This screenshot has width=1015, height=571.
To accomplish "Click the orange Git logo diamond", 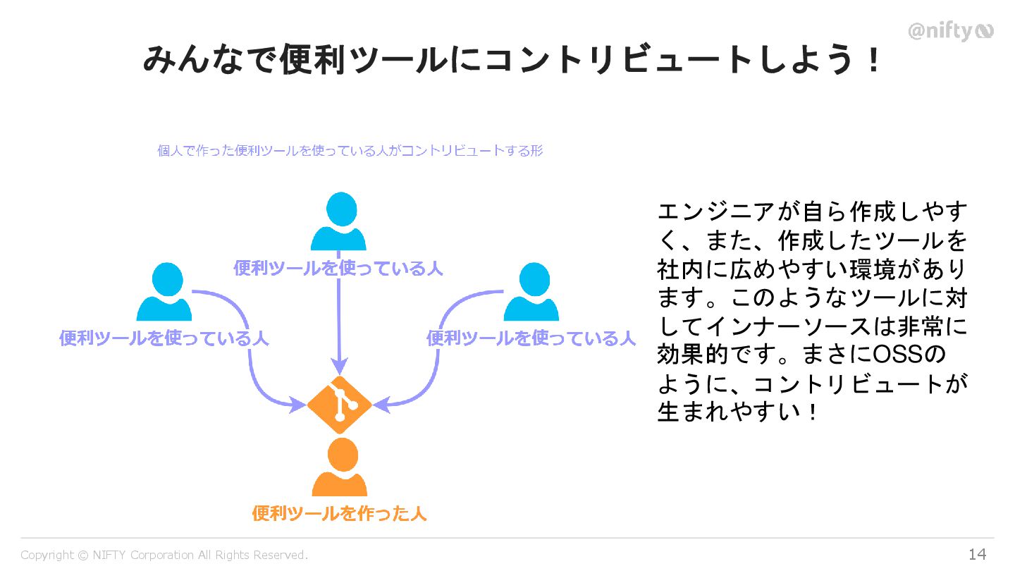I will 339,405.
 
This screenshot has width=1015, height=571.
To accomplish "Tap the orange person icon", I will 340,468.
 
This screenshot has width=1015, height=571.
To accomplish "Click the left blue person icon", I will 164,292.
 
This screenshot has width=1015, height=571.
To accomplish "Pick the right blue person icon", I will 531,292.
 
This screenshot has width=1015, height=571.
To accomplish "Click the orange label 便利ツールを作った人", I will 339,513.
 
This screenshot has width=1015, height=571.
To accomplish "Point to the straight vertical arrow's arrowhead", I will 339,366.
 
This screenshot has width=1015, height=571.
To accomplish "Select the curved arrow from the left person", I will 250,352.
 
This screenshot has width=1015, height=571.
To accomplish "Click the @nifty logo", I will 950,31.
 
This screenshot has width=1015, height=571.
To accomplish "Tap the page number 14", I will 977,555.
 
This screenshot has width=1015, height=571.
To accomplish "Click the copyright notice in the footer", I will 164,555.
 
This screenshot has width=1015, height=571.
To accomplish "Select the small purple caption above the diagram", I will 350,150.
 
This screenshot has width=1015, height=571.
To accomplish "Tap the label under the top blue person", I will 338,269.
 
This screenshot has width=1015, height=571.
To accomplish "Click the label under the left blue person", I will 164,338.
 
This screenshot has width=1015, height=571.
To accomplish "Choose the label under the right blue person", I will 531,338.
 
